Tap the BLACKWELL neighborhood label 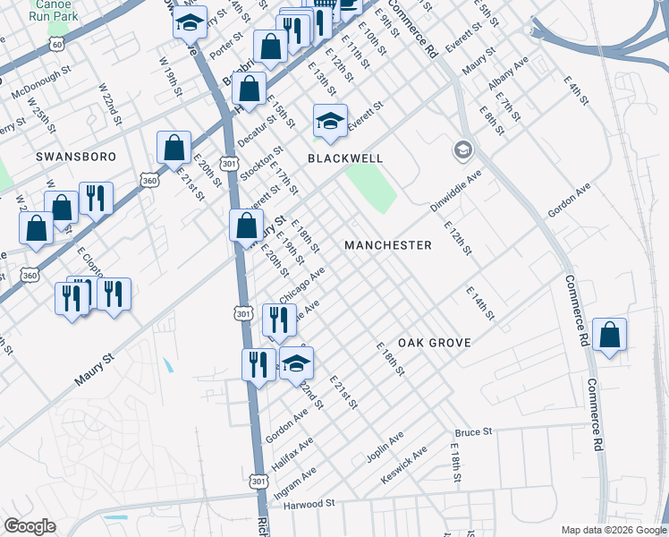(x=345, y=158)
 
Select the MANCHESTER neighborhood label (x=388, y=245)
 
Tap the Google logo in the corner (x=30, y=526)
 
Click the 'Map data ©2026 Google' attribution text (x=614, y=530)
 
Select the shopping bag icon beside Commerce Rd (x=609, y=337)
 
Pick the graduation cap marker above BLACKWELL (x=330, y=122)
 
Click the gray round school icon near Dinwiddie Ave (x=462, y=149)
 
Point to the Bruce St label (x=473, y=432)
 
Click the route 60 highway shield (x=57, y=44)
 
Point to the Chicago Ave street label (x=301, y=285)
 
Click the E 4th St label (x=576, y=91)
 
